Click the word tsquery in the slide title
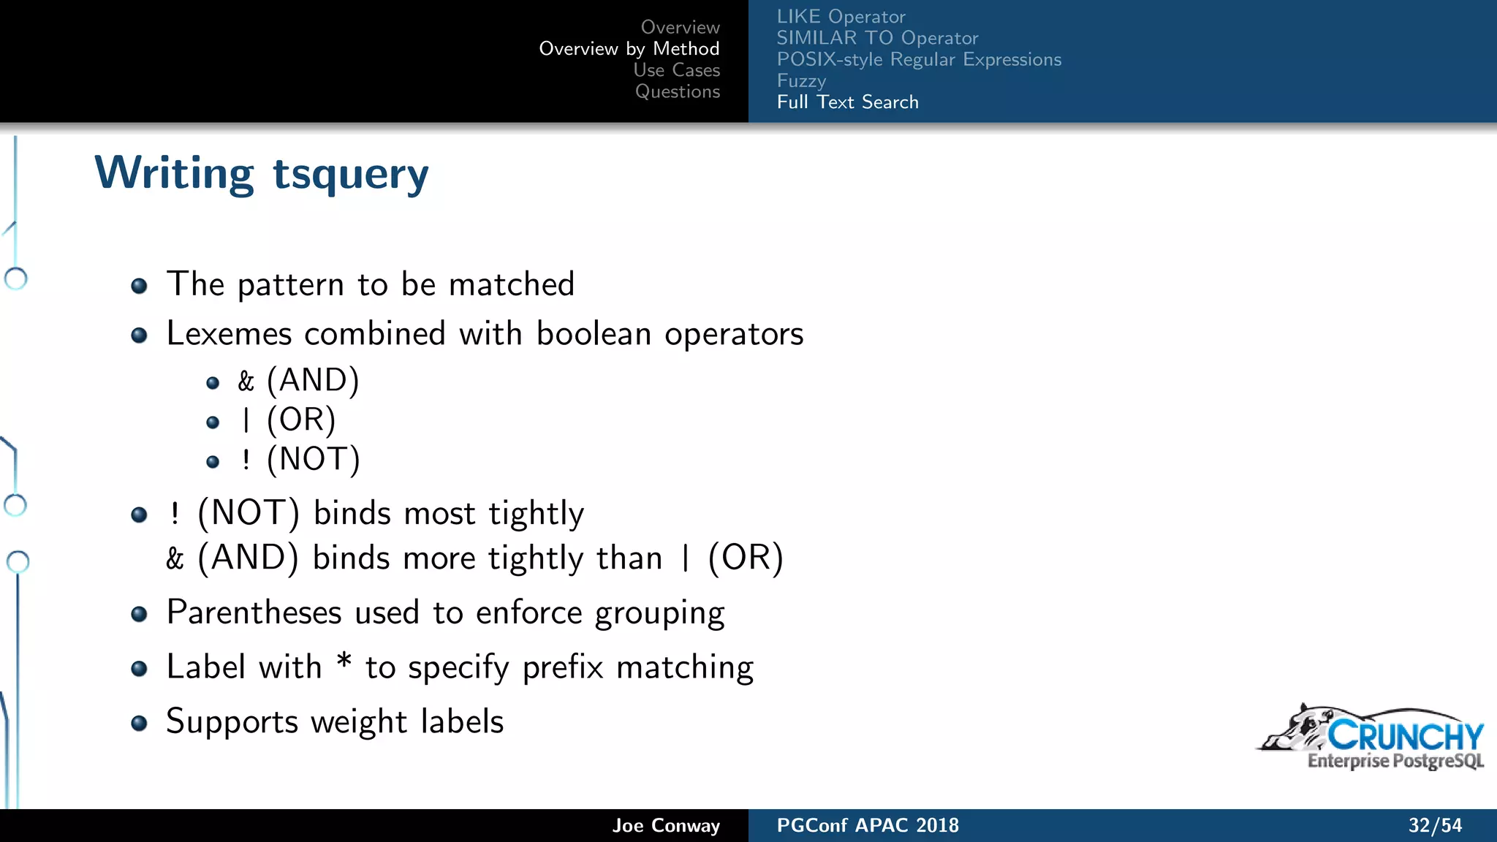pos(350,175)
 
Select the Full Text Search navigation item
pos(847,102)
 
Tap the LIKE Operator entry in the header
pos(841,17)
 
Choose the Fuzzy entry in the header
pos(801,80)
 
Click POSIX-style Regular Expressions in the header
pos(919,59)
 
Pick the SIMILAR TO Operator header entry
pos(877,38)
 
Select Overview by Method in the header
pos(629,49)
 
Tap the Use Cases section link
pos(676,70)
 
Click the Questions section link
pos(677,91)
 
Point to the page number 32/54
pos(1435,825)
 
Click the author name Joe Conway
pos(666,825)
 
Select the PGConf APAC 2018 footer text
pos(868,825)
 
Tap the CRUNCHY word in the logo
pos(1405,735)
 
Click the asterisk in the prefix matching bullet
pos(344,662)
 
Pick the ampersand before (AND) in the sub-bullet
pos(246,381)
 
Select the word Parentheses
pos(254,612)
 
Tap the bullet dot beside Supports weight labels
pos(139,724)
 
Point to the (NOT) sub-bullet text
pos(313,460)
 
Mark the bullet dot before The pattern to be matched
pos(139,286)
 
